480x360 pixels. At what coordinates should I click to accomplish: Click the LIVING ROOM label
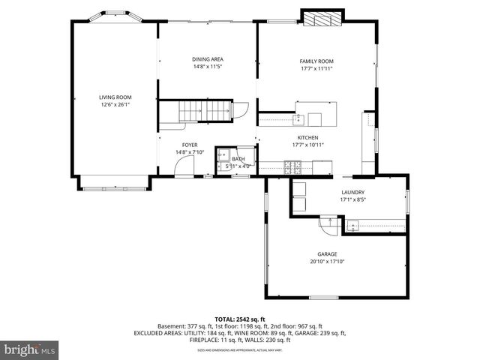115,97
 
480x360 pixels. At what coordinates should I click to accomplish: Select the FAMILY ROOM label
316,61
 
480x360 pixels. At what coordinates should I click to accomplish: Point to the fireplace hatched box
322,18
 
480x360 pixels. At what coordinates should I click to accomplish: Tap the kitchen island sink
298,118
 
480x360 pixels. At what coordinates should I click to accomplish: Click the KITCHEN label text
307,138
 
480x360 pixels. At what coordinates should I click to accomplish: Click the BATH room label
238,159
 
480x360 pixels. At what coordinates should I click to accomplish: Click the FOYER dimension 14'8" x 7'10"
190,152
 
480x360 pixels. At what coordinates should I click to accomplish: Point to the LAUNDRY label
352,193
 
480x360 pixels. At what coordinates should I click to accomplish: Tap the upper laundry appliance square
298,189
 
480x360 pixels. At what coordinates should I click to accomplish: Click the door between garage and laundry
328,223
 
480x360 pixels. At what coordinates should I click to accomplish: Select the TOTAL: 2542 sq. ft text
239,319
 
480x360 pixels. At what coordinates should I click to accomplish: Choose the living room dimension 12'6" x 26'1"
115,104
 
